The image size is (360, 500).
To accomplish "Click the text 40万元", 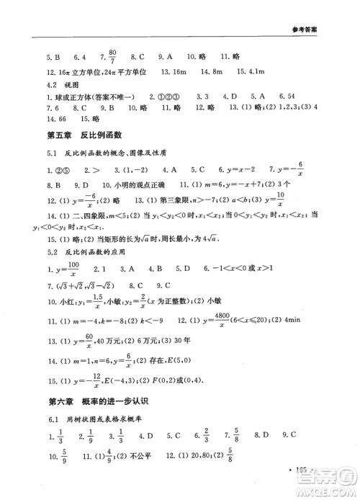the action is click(98, 339).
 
